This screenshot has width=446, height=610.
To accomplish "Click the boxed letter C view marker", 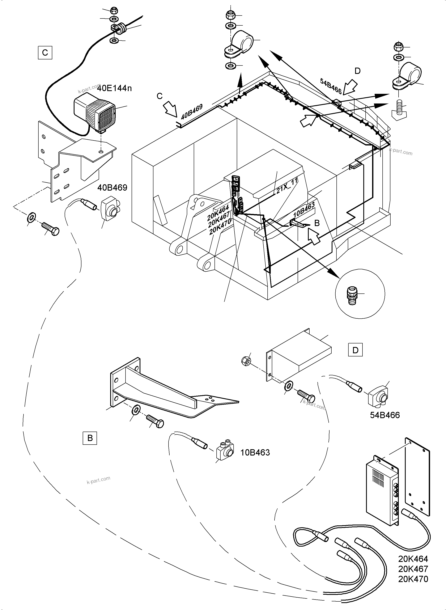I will click(x=45, y=52).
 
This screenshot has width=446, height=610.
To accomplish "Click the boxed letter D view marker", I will click(x=355, y=350).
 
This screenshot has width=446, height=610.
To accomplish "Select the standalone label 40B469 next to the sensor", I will click(x=112, y=187).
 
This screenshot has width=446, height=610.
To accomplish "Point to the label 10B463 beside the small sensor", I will click(x=255, y=452).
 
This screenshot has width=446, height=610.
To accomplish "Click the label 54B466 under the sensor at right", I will click(x=385, y=415).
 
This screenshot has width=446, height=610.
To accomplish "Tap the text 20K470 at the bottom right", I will click(x=413, y=579).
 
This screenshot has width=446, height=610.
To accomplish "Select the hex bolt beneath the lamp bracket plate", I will click(x=51, y=229).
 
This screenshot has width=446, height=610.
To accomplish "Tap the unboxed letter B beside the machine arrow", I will click(x=317, y=223).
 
